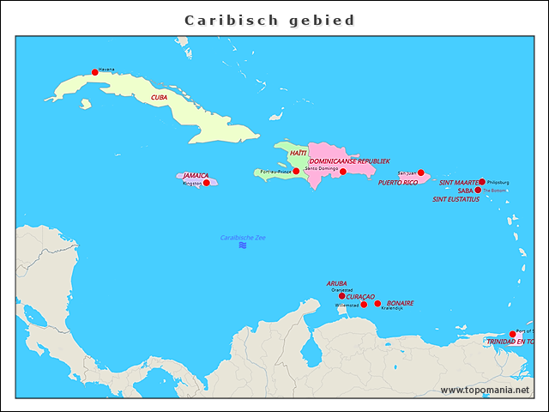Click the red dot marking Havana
coord(94,72)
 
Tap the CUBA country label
coord(160,98)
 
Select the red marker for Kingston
coord(206,183)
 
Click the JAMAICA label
coord(196,175)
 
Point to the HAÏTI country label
coord(298,153)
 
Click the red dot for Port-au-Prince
coord(296,171)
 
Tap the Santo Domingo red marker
coord(343,172)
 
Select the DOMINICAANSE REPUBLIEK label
coord(349,161)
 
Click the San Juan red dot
coord(420,173)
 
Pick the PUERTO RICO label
coord(398,183)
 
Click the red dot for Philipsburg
coord(482,182)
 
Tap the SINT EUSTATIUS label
coord(455,199)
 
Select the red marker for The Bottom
coord(478,190)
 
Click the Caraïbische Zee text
coord(243,237)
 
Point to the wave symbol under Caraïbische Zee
coord(243,245)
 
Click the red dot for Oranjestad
coord(342,296)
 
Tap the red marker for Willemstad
coord(364,305)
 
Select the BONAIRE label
coord(400,303)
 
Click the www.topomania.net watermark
coord(485,390)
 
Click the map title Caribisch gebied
coord(269,20)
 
